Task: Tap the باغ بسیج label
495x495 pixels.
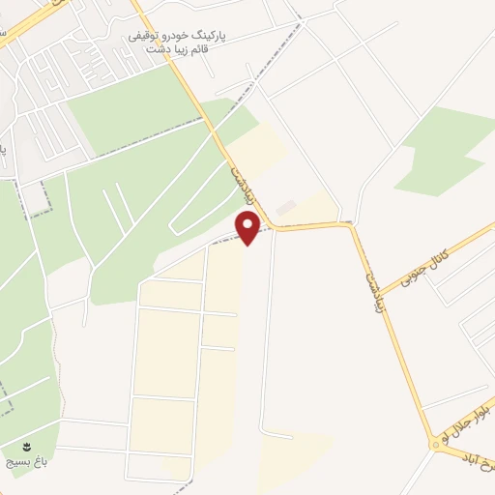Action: [x=27, y=463]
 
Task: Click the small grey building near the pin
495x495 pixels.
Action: [x=284, y=208]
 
